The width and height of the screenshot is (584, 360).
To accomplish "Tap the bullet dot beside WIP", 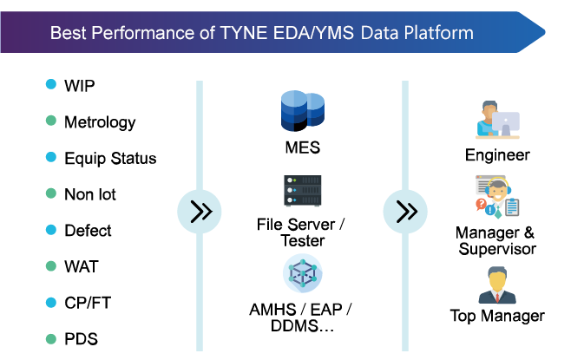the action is point(51,84).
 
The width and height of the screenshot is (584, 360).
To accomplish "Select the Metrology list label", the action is point(100,122).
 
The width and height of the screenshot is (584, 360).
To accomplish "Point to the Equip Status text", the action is point(110,158).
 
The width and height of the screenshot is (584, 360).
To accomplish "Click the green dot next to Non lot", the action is point(51,193).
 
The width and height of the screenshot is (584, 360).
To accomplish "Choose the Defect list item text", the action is point(88,231).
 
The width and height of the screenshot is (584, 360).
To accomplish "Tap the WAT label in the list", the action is point(82,266).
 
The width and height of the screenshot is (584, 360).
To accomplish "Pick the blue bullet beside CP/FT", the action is point(51,302).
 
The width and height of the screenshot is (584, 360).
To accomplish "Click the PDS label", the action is point(82,339).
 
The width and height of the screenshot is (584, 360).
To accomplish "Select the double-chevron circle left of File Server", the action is point(200,212).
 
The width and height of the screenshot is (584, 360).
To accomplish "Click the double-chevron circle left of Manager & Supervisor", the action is point(405,212).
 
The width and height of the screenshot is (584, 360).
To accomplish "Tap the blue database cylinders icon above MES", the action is point(303,111).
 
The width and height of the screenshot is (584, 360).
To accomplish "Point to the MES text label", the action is point(303,147).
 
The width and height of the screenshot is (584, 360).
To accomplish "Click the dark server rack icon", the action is point(303,191).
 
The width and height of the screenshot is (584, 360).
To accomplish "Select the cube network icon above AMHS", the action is point(303,273).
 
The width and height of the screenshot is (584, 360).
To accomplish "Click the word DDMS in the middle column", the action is point(295,326).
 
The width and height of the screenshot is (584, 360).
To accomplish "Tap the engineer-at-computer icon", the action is point(497,120).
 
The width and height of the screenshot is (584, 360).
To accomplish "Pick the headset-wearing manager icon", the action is point(497,197).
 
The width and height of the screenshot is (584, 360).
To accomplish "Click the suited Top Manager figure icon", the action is point(497,285).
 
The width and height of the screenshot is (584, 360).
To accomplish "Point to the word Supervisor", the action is point(497,249).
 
